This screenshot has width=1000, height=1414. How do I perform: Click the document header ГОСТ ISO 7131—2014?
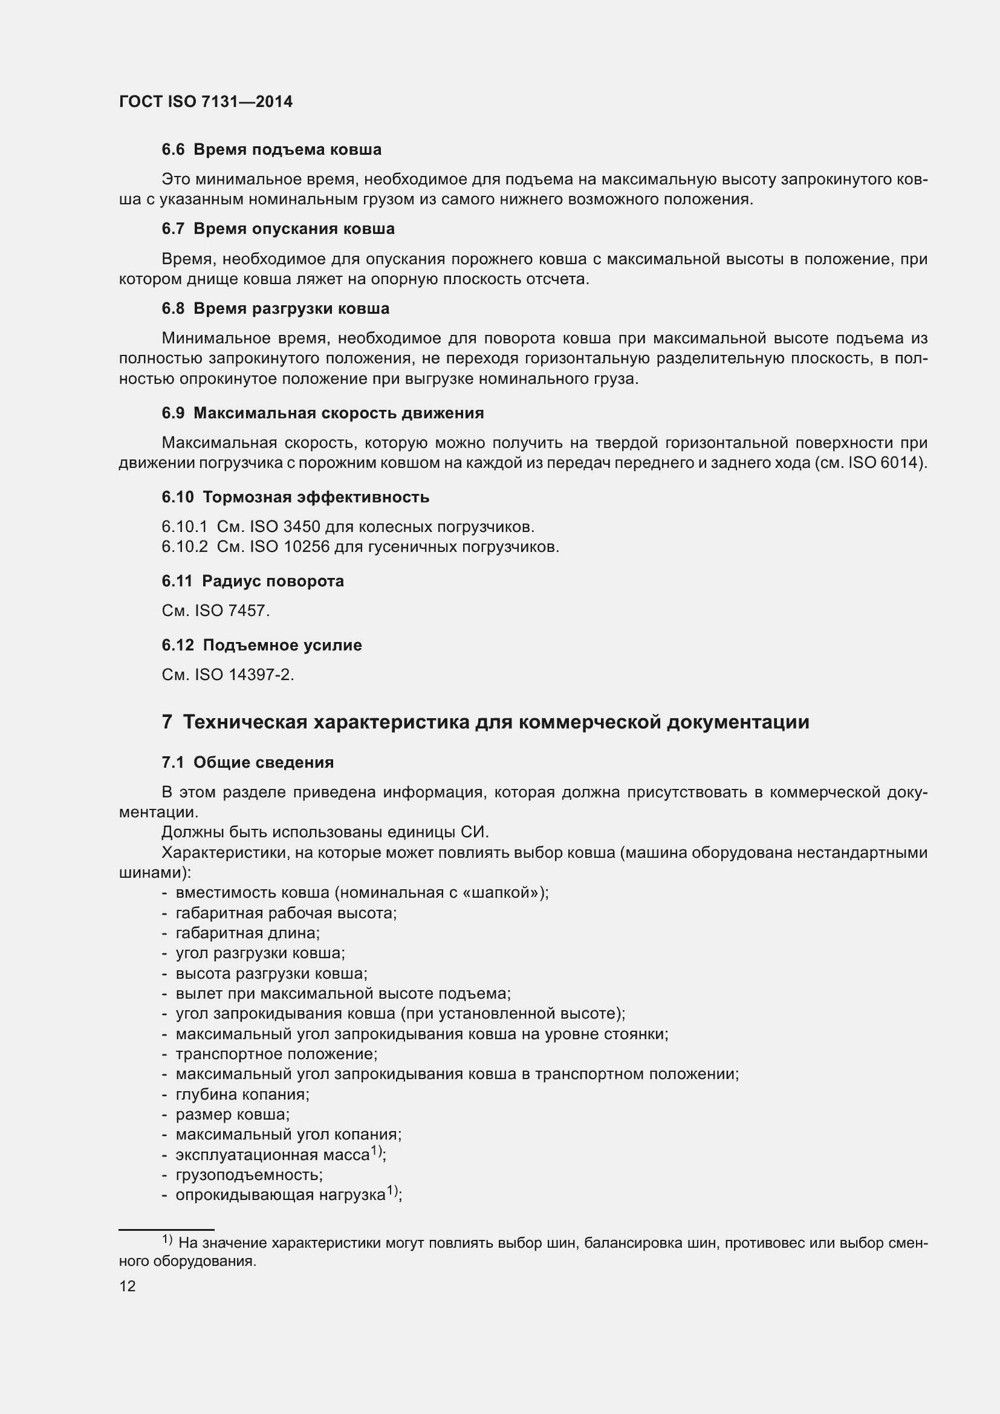206,102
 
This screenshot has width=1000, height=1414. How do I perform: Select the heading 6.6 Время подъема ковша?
271,150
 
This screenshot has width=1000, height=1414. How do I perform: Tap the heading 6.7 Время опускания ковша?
278,229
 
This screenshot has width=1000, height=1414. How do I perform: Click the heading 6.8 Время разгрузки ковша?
275,308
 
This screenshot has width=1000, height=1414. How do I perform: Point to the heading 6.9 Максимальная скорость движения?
323,413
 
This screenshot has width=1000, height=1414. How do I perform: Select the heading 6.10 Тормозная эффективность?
296,497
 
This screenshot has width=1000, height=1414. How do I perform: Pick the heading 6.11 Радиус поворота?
253,581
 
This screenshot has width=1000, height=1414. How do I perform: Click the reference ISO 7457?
232,611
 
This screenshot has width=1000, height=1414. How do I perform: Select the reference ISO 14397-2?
243,675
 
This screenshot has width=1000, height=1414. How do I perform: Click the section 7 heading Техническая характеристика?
485,722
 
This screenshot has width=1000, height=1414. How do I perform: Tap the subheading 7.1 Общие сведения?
247,762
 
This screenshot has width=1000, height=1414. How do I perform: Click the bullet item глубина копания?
242,1094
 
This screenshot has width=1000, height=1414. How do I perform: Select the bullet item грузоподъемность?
248,1175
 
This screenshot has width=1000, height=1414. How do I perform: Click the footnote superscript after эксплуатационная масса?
377,1150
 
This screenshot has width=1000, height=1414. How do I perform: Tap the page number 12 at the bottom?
128,1286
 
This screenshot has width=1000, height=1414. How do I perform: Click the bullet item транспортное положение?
276,1054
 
